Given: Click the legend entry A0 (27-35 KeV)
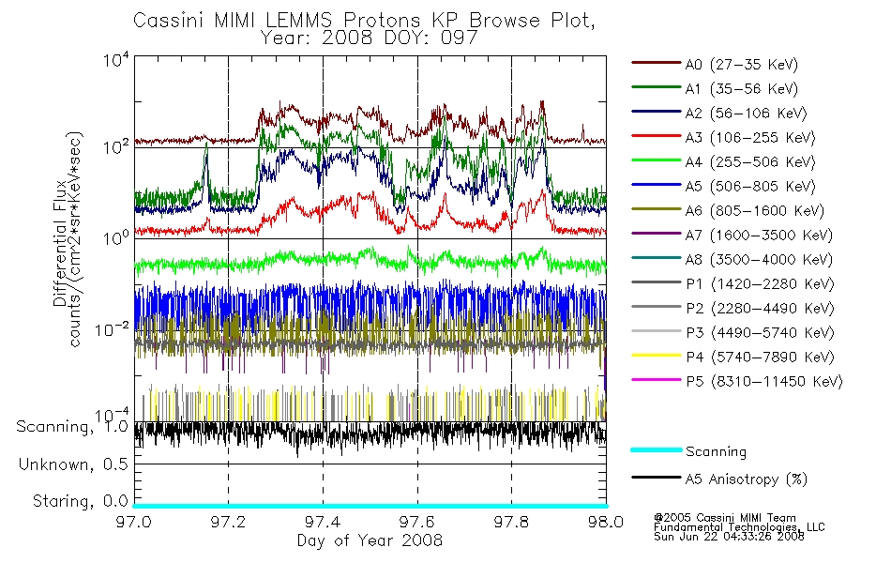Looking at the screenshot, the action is (715, 64).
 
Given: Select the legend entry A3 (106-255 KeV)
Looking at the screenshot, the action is (723, 138).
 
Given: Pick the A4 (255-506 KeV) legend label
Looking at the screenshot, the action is (723, 162).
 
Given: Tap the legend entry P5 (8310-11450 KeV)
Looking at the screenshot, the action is (737, 381).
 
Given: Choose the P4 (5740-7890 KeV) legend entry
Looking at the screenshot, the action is (733, 357).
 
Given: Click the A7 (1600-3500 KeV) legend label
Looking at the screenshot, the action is (732, 235).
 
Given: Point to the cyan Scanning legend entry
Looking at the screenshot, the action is (688, 451).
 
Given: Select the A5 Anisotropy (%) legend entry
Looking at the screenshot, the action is (719, 479).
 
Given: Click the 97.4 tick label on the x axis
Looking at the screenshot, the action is (323, 522).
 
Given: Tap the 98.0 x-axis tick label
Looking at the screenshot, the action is (606, 522).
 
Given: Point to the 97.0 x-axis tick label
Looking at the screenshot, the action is (134, 522).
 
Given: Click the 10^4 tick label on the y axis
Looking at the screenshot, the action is (116, 60).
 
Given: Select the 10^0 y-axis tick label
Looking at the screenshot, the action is (116, 237).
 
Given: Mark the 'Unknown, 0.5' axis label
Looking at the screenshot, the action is (73, 464).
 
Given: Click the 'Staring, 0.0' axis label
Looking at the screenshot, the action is (81, 501).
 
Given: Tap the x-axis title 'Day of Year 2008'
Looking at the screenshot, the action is (370, 540).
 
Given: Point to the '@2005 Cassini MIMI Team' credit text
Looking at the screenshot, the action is (725, 518).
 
